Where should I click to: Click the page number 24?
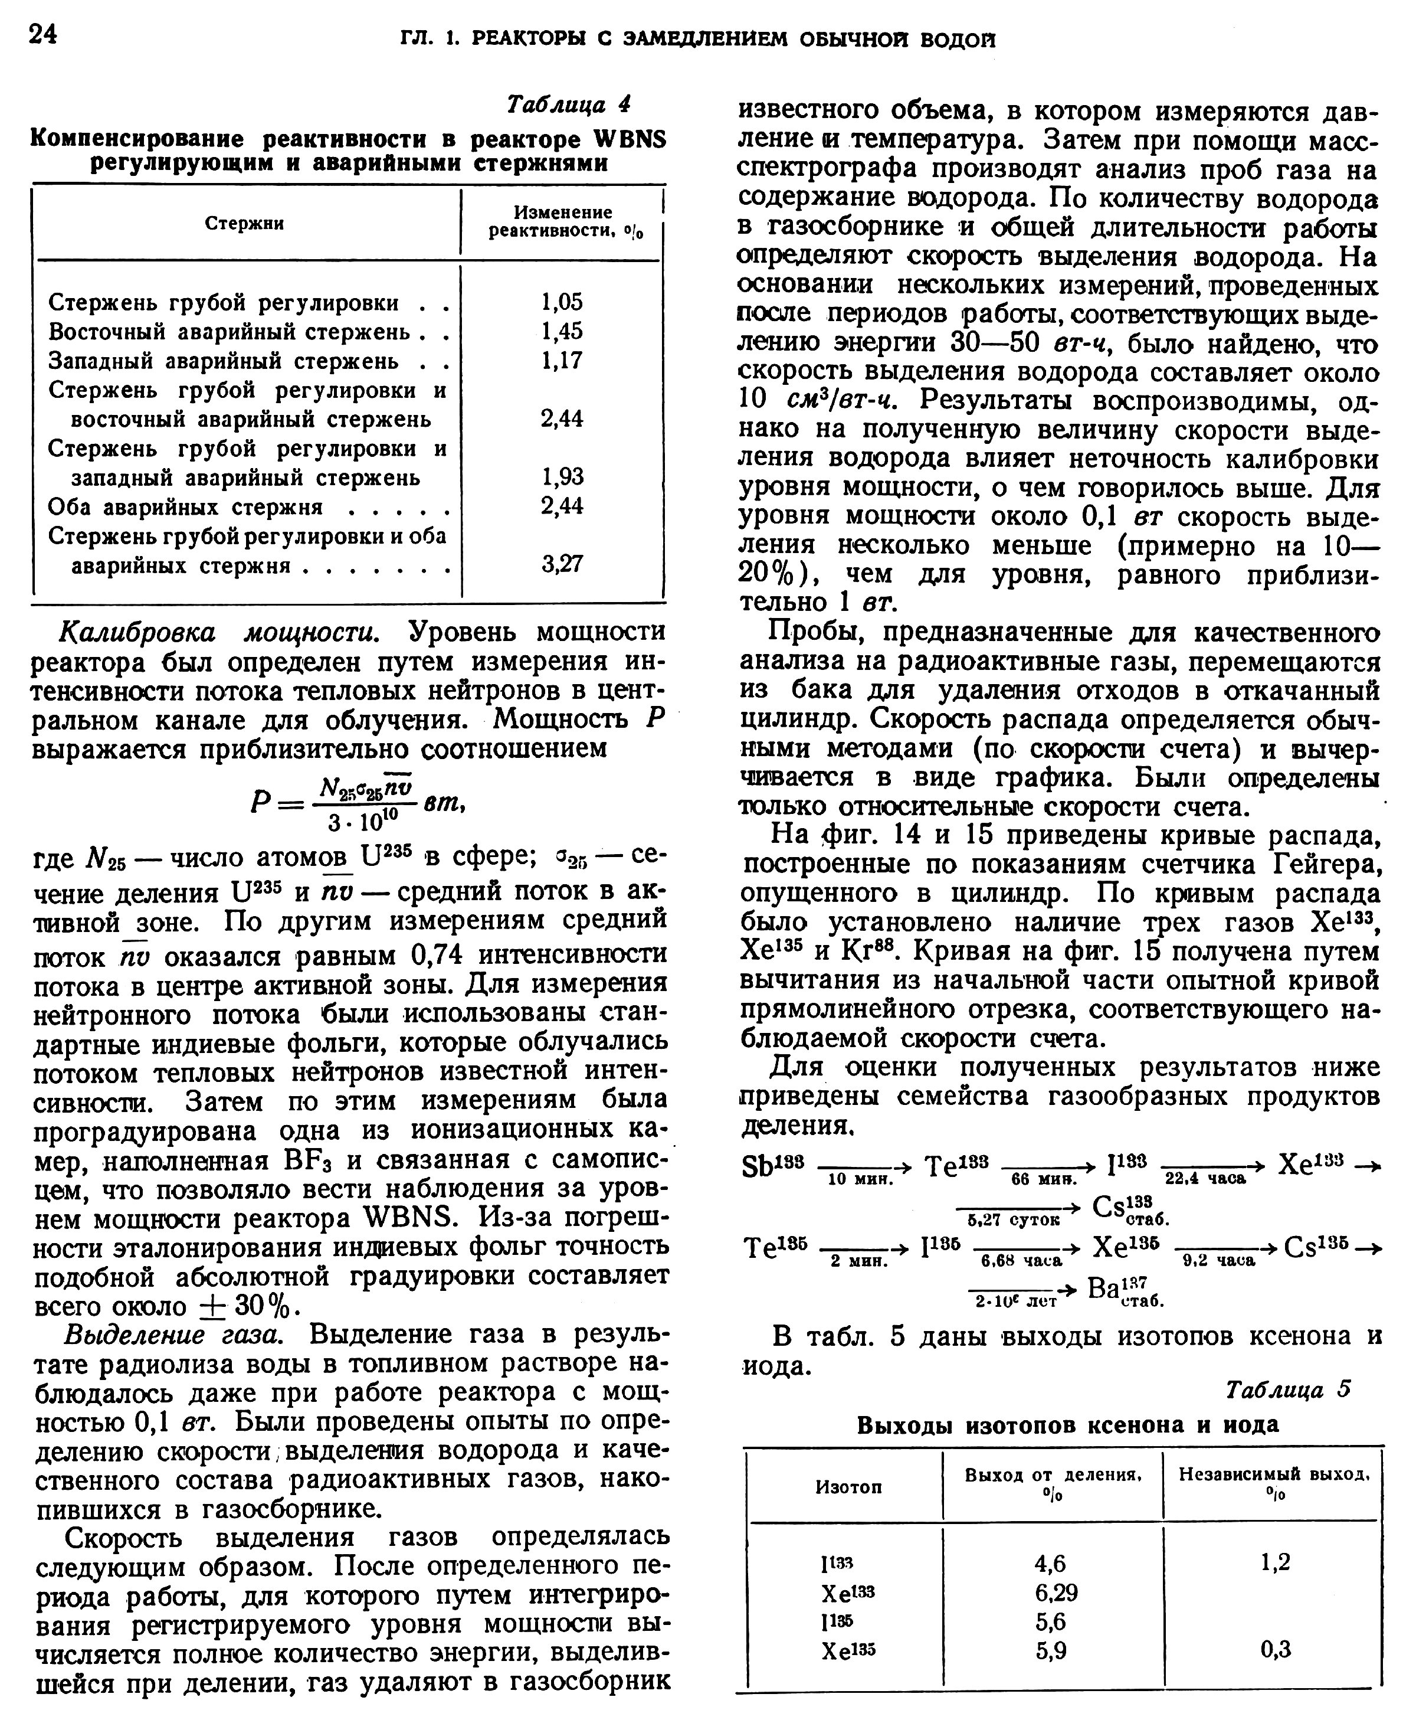click(42, 34)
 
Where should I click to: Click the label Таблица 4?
click(569, 104)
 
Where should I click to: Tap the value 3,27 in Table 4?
click(562, 564)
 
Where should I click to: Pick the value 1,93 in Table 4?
click(562, 476)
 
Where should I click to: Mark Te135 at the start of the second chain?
click(776, 1248)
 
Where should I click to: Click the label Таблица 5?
click(1289, 1389)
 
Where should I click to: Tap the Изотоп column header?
click(848, 1487)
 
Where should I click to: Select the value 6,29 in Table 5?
click(1056, 1593)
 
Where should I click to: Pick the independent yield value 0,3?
click(1276, 1650)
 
